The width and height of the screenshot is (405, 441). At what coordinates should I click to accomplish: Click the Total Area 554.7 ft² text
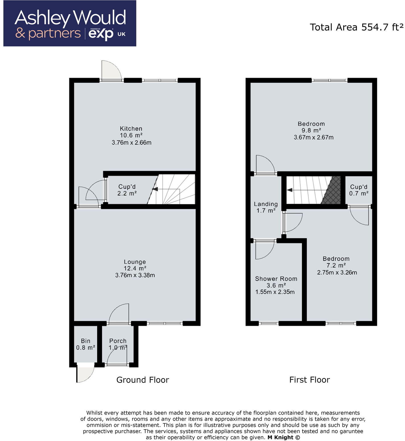pyautogui.click(x=356, y=27)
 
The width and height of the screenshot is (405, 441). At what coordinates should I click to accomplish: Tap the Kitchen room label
pyautogui.click(x=131, y=129)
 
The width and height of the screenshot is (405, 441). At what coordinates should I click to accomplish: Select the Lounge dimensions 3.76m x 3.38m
pyautogui.click(x=135, y=275)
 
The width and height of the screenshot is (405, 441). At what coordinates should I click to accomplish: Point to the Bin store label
pyautogui.click(x=86, y=341)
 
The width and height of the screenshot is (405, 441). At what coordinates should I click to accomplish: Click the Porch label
pyautogui.click(x=118, y=341)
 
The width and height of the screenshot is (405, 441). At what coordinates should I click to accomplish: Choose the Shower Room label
pyautogui.click(x=276, y=279)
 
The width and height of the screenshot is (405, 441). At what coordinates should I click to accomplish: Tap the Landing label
pyautogui.click(x=266, y=204)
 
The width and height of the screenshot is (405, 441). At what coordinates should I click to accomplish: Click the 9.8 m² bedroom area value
pyautogui.click(x=311, y=131)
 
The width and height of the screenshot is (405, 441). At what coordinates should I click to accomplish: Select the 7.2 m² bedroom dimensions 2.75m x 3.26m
pyautogui.click(x=337, y=272)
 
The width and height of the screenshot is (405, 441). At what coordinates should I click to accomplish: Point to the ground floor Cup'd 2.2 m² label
pyautogui.click(x=127, y=190)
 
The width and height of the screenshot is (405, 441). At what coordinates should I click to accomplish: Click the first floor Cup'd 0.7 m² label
pyautogui.click(x=359, y=190)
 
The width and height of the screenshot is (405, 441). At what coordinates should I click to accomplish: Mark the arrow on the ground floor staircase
pyautogui.click(x=155, y=189)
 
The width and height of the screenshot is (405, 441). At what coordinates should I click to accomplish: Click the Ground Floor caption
pyautogui.click(x=143, y=380)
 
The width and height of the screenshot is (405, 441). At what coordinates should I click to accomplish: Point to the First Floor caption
pyautogui.click(x=310, y=380)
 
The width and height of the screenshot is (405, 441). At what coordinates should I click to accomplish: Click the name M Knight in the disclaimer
pyautogui.click(x=280, y=438)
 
